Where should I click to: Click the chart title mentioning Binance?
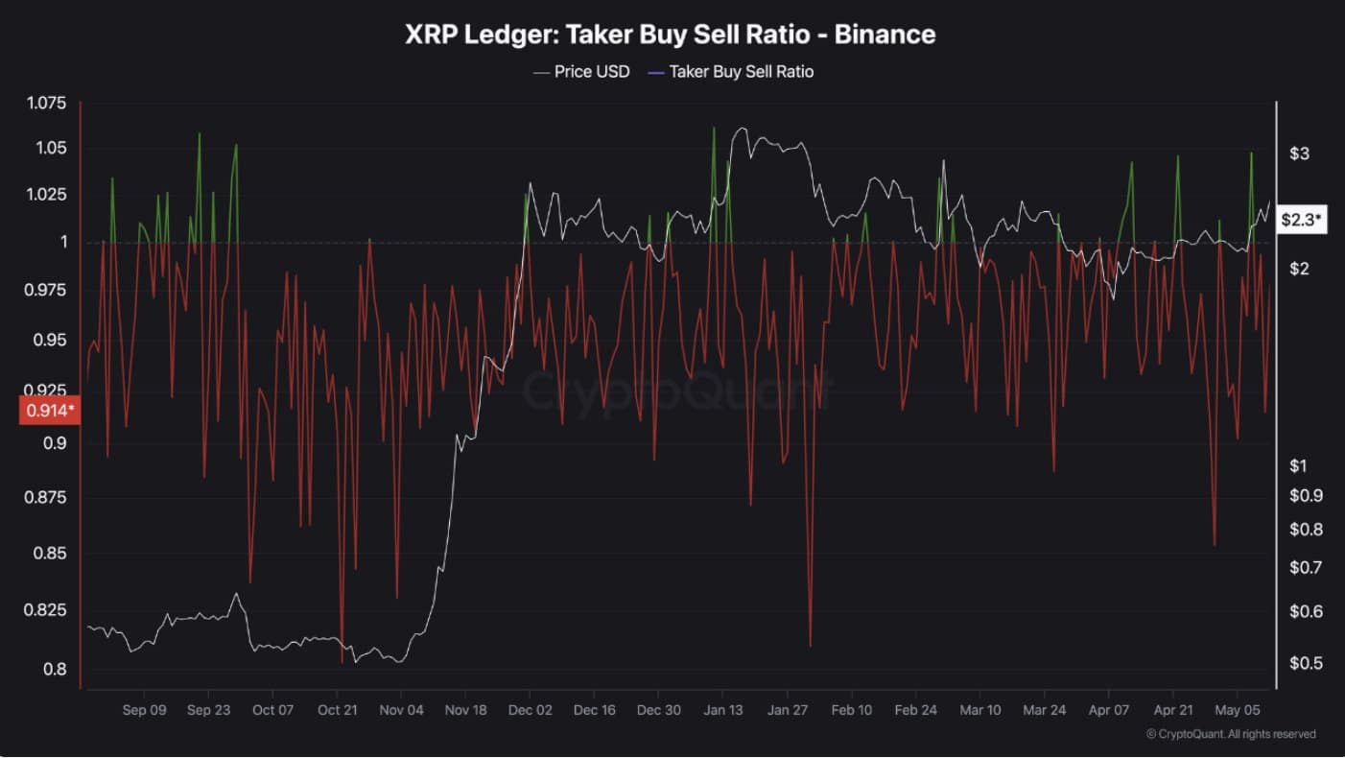tap(670, 35)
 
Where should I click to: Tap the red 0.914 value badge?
tap(48, 411)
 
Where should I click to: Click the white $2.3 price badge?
tap(1302, 220)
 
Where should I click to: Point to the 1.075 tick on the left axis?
tap(45, 104)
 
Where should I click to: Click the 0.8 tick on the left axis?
tap(56, 669)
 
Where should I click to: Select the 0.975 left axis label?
tap(45, 290)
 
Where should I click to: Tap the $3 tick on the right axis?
tap(1299, 154)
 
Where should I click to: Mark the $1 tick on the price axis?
tap(1299, 465)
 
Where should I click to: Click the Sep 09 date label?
tap(145, 711)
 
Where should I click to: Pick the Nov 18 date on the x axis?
tap(466, 711)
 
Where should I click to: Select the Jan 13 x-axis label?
tap(723, 711)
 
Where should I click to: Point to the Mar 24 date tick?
tap(1044, 711)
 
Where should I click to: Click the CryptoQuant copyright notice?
tap(1231, 734)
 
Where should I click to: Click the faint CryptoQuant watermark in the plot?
tap(677, 391)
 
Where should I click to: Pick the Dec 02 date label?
tap(531, 711)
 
